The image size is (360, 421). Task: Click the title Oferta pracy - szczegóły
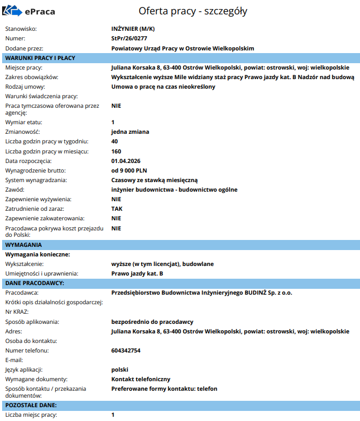(193, 11)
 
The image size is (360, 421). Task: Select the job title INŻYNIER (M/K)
(133, 29)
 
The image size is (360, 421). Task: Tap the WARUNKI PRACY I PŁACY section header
(40, 58)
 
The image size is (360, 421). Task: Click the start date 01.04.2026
(126, 160)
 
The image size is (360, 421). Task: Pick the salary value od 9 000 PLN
(129, 170)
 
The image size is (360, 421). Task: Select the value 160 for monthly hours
(116, 151)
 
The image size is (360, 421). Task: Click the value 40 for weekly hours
(115, 141)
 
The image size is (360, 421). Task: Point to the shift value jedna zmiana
(130, 132)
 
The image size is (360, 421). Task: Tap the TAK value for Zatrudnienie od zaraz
(117, 209)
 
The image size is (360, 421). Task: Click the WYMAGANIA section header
(23, 245)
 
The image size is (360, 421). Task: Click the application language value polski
(120, 370)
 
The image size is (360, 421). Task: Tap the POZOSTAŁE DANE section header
(31, 405)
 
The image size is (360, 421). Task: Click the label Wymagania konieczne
(37, 254)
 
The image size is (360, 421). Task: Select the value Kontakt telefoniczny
(141, 379)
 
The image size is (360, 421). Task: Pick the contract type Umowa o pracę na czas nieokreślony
(164, 87)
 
